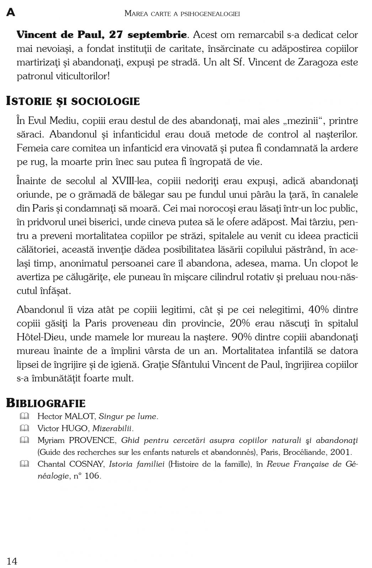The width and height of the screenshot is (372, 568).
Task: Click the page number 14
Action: [x=12, y=561]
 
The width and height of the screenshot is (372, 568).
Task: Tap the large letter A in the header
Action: [x=11, y=13]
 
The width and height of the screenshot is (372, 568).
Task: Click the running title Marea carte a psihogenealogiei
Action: [x=182, y=14]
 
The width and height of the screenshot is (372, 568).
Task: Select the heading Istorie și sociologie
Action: [x=73, y=101]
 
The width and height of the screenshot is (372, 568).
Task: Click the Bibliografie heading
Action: [x=46, y=403]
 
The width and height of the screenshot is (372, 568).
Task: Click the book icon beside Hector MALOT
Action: [x=24, y=416]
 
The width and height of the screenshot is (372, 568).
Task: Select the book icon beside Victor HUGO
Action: [x=24, y=428]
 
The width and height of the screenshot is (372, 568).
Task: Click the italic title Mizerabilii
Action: [x=113, y=428]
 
